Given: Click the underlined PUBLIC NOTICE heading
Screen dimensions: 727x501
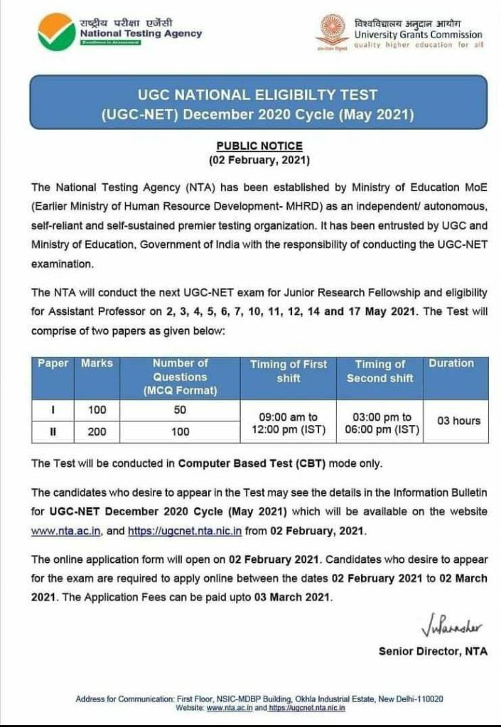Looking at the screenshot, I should (x=259, y=146).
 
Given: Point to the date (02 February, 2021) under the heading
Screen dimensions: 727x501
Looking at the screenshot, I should (x=259, y=160).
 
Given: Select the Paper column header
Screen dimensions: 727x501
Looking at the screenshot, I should (x=53, y=363).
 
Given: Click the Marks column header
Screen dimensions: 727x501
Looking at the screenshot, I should (x=97, y=363).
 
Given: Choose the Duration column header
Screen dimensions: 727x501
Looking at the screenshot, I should (x=451, y=363).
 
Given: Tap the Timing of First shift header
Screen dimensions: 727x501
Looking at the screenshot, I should (x=289, y=371).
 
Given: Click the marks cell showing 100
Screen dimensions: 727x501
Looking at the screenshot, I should (x=97, y=410).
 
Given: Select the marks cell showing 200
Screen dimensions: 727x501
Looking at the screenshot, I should (x=97, y=431).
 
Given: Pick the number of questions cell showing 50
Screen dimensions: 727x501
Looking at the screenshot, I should (x=181, y=410).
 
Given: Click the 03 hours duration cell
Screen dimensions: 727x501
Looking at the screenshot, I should (x=458, y=421).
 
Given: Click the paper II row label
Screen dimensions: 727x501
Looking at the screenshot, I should (x=53, y=431).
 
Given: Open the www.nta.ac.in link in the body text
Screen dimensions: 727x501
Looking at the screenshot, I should (x=68, y=530).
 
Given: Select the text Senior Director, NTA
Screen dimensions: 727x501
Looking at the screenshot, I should (x=433, y=651).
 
